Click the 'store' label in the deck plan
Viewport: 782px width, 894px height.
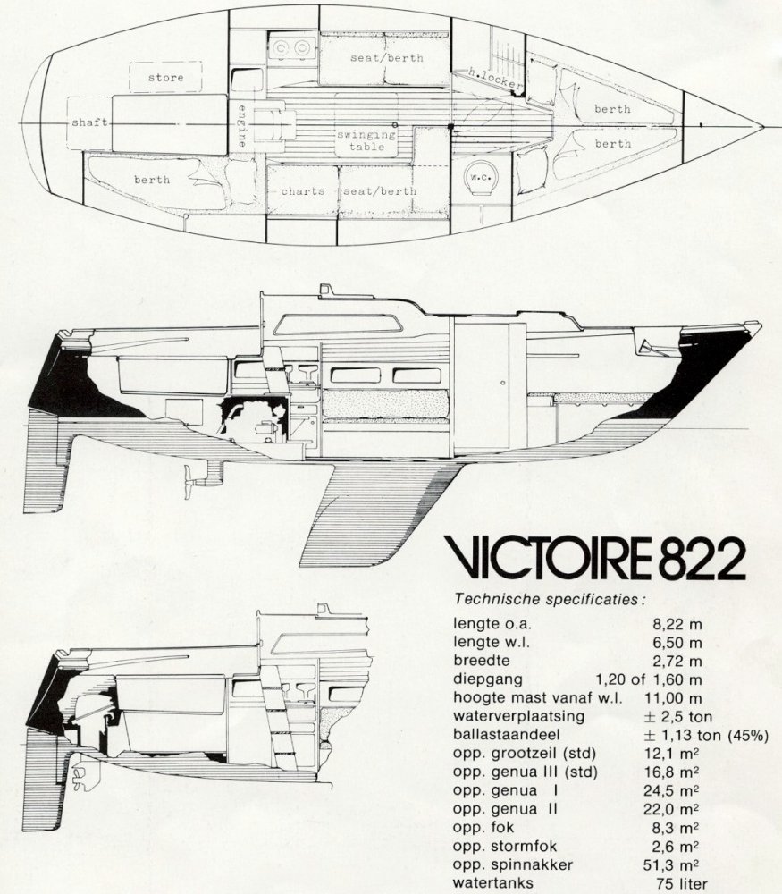pos(166,78)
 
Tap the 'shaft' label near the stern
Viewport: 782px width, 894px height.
pos(88,122)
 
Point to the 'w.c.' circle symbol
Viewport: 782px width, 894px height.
pos(479,178)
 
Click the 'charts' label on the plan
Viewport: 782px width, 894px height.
pos(302,191)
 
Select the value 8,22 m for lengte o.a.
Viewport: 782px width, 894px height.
pos(678,623)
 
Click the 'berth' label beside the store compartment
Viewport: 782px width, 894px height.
pos(152,180)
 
